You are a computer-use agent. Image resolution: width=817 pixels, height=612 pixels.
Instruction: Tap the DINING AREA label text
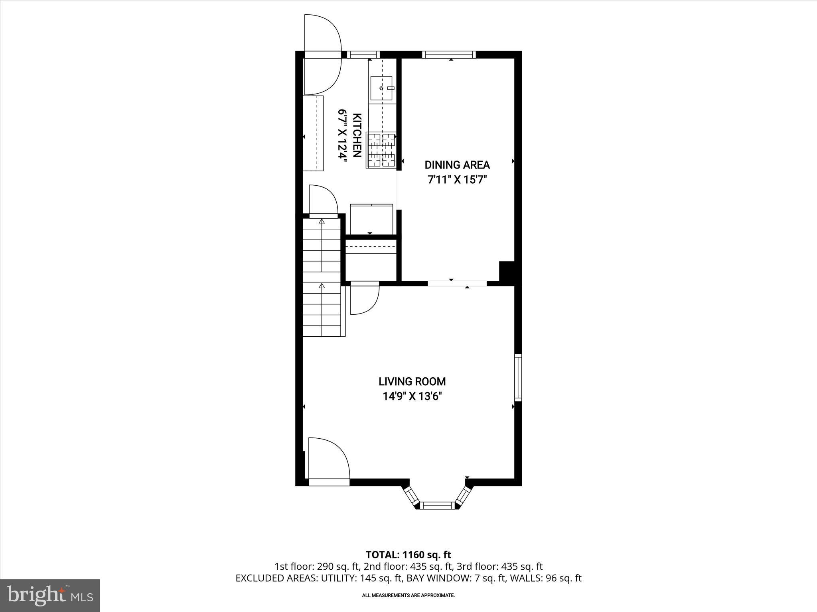[x=457, y=165]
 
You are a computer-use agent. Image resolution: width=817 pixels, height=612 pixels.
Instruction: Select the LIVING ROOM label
[x=412, y=381]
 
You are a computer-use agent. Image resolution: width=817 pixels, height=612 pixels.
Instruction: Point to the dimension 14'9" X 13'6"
[x=412, y=396]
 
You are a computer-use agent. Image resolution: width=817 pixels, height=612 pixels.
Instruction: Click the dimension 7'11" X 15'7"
[x=457, y=180]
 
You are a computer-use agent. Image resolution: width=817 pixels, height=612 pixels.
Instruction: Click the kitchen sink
[x=381, y=88]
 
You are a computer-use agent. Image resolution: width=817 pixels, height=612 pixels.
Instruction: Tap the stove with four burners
[x=381, y=151]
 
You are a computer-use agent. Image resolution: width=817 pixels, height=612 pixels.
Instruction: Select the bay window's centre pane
[x=438, y=506]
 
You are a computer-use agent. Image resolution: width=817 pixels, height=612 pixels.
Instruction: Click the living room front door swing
[x=328, y=458]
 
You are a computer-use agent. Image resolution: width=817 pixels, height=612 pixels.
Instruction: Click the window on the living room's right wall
[x=518, y=377]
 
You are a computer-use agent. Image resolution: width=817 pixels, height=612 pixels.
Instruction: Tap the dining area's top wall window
[x=449, y=55]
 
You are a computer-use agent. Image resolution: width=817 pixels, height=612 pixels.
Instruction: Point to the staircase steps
[x=322, y=279]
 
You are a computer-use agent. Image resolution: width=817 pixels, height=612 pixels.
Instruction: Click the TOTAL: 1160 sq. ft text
[x=408, y=555]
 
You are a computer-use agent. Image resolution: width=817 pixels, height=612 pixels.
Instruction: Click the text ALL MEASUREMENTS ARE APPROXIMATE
[x=408, y=595]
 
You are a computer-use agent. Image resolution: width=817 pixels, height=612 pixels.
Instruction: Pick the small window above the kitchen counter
[x=363, y=55]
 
